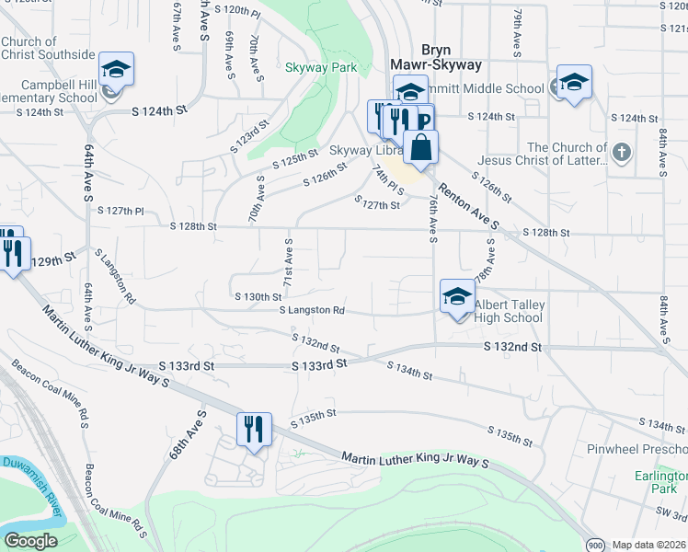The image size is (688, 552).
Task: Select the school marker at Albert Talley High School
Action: pos(457,297)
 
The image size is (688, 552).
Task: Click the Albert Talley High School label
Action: pos(509,312)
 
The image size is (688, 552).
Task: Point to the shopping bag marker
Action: pos(420,148)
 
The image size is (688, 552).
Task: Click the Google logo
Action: pos(29,541)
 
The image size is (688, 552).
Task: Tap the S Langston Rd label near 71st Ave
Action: pos(312,311)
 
